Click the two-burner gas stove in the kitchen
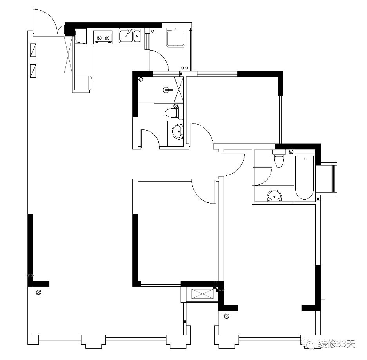[x=103, y=37]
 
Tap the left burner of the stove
[x=99, y=38]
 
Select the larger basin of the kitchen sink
[x=126, y=36]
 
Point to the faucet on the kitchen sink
[x=128, y=32]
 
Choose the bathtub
[x=304, y=177]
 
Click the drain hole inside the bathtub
[x=304, y=159]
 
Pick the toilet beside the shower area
[x=174, y=113]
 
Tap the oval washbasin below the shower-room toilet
[x=178, y=132]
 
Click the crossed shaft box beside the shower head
[x=178, y=89]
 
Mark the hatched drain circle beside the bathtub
[x=291, y=152]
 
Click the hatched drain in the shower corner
[x=141, y=79]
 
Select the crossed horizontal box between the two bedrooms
[x=203, y=294]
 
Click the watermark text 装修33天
[x=336, y=344]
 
